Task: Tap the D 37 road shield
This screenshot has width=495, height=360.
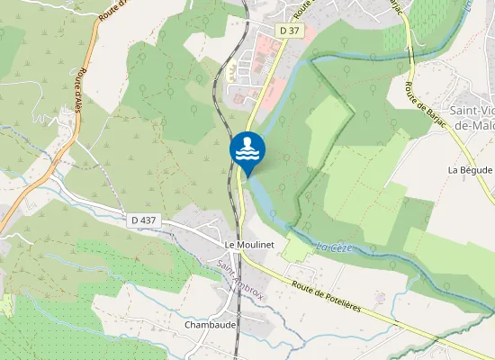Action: (x=289, y=31)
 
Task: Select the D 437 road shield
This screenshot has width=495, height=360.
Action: (x=144, y=219)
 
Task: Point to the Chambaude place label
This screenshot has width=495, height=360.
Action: (x=209, y=324)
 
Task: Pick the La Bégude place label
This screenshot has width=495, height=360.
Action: (x=470, y=170)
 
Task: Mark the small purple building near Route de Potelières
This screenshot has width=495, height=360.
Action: (x=380, y=297)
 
